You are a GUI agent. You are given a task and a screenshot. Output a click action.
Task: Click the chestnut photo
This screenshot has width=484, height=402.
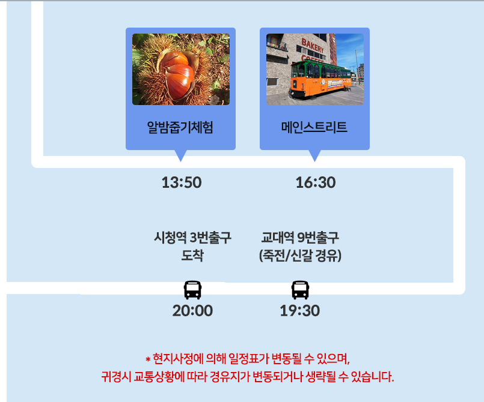(x=181, y=70)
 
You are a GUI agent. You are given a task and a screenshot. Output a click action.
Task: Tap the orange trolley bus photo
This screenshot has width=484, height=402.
(x=315, y=70)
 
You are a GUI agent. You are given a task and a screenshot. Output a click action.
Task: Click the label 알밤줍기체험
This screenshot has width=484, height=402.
(x=180, y=127)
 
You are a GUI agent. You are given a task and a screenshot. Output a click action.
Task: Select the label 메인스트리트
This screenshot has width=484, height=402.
(x=314, y=127)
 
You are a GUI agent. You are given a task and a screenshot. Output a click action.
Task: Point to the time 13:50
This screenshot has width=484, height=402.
(x=182, y=182)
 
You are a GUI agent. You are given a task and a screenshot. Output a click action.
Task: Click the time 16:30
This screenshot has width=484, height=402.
(x=316, y=182)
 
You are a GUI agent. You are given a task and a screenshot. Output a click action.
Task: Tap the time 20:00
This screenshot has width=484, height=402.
(x=192, y=311)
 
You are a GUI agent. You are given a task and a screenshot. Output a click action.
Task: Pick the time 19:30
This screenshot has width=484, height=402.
(x=300, y=311)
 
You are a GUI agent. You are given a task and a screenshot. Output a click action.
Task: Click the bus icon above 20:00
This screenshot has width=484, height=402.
(x=192, y=290)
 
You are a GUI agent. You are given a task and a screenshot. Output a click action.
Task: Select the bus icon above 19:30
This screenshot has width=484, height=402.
(x=300, y=290)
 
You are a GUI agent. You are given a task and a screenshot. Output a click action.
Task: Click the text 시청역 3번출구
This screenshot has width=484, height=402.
(x=192, y=238)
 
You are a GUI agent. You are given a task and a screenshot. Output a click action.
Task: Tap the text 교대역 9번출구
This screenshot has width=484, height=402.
(x=300, y=238)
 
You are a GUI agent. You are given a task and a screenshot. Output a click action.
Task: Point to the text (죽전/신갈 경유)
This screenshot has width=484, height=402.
(x=300, y=256)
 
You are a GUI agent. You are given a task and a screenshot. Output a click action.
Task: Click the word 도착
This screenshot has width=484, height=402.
(x=192, y=256)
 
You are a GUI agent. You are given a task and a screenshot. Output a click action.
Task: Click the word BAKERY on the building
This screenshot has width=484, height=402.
(x=313, y=46)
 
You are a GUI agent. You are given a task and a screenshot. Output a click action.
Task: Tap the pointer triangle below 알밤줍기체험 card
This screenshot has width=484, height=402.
(x=180, y=155)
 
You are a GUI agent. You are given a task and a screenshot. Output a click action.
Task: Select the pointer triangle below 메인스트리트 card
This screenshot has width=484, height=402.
(x=314, y=155)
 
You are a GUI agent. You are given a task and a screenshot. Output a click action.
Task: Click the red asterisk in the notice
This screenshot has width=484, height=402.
(x=148, y=359)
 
